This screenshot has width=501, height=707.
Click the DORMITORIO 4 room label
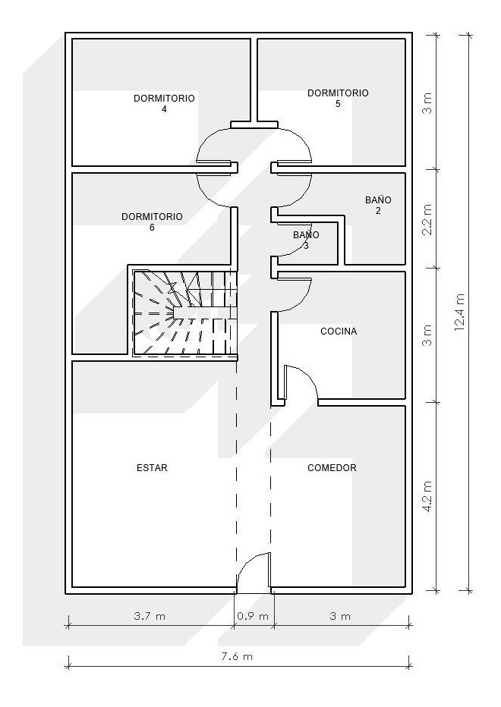click(164, 103)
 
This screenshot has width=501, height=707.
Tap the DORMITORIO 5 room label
click(338, 98)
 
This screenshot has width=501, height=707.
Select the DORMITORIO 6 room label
click(152, 222)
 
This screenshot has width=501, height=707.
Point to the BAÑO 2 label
click(378, 205)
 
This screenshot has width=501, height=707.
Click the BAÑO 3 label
click(306, 240)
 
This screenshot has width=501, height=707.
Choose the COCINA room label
click(339, 332)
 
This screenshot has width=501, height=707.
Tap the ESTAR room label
click(152, 468)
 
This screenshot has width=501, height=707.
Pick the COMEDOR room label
click(332, 468)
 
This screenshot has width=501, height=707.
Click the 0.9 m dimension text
click(254, 616)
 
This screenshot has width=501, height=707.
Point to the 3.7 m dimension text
click(149, 616)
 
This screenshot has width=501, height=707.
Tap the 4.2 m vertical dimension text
click(427, 496)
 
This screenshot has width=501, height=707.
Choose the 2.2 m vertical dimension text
click(427, 218)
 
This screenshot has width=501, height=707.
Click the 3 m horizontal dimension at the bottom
click(341, 616)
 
